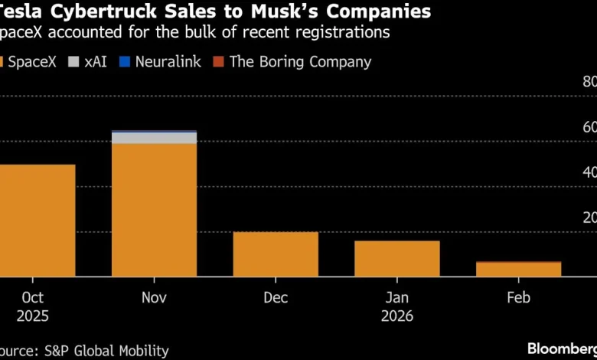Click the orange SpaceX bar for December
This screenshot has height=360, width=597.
coord(276,254)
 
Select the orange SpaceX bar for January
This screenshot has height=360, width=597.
coord(396,258)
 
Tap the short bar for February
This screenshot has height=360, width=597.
coord(518,269)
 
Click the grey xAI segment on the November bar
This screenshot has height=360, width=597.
coord(154,138)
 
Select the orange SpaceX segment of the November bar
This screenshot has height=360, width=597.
coord(154,209)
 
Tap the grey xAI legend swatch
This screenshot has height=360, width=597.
coord(75,62)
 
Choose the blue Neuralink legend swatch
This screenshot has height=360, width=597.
coord(125,62)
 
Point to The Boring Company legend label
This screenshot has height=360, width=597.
coord(300,62)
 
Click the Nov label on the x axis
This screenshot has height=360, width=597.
coord(154,297)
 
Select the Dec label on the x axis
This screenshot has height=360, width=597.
coord(276,297)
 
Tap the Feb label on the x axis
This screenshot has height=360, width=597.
coord(518,297)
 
